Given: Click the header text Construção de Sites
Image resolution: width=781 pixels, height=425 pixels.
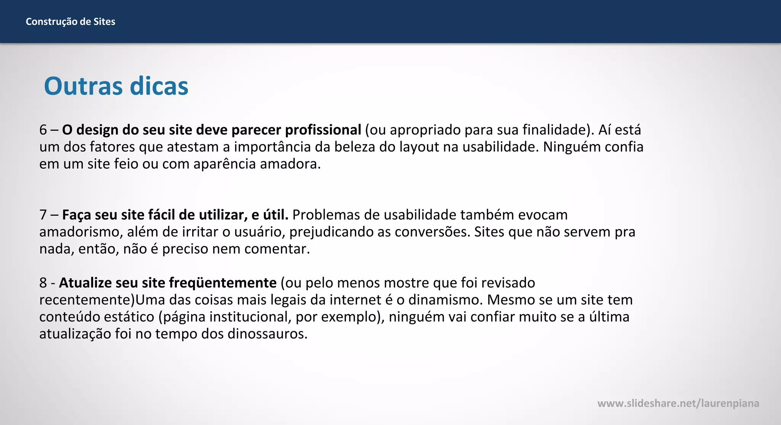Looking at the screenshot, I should coord(70,22).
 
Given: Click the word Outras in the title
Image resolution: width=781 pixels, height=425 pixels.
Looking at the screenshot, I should coord(84,86).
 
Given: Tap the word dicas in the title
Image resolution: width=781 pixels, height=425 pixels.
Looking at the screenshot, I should coord(159,86).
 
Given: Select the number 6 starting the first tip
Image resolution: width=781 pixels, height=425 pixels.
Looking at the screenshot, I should coord(43,130).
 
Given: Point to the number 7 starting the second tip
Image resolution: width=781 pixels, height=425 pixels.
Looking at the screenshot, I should coord(43,215).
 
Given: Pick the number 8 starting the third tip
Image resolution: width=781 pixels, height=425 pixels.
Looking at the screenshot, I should coord(43,283).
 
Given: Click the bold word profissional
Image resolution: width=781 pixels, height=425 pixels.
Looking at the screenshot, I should coord(323,130).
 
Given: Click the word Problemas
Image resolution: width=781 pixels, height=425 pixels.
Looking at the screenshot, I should coord(326,215).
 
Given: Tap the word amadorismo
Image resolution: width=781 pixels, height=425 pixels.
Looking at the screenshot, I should coord(79,232).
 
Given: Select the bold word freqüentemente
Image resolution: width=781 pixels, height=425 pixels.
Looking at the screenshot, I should coord(223,283).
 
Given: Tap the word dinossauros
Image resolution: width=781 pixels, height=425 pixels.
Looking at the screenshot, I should coord(267,334).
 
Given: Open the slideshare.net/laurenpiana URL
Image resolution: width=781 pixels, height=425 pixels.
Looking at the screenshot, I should coord(678,403).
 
